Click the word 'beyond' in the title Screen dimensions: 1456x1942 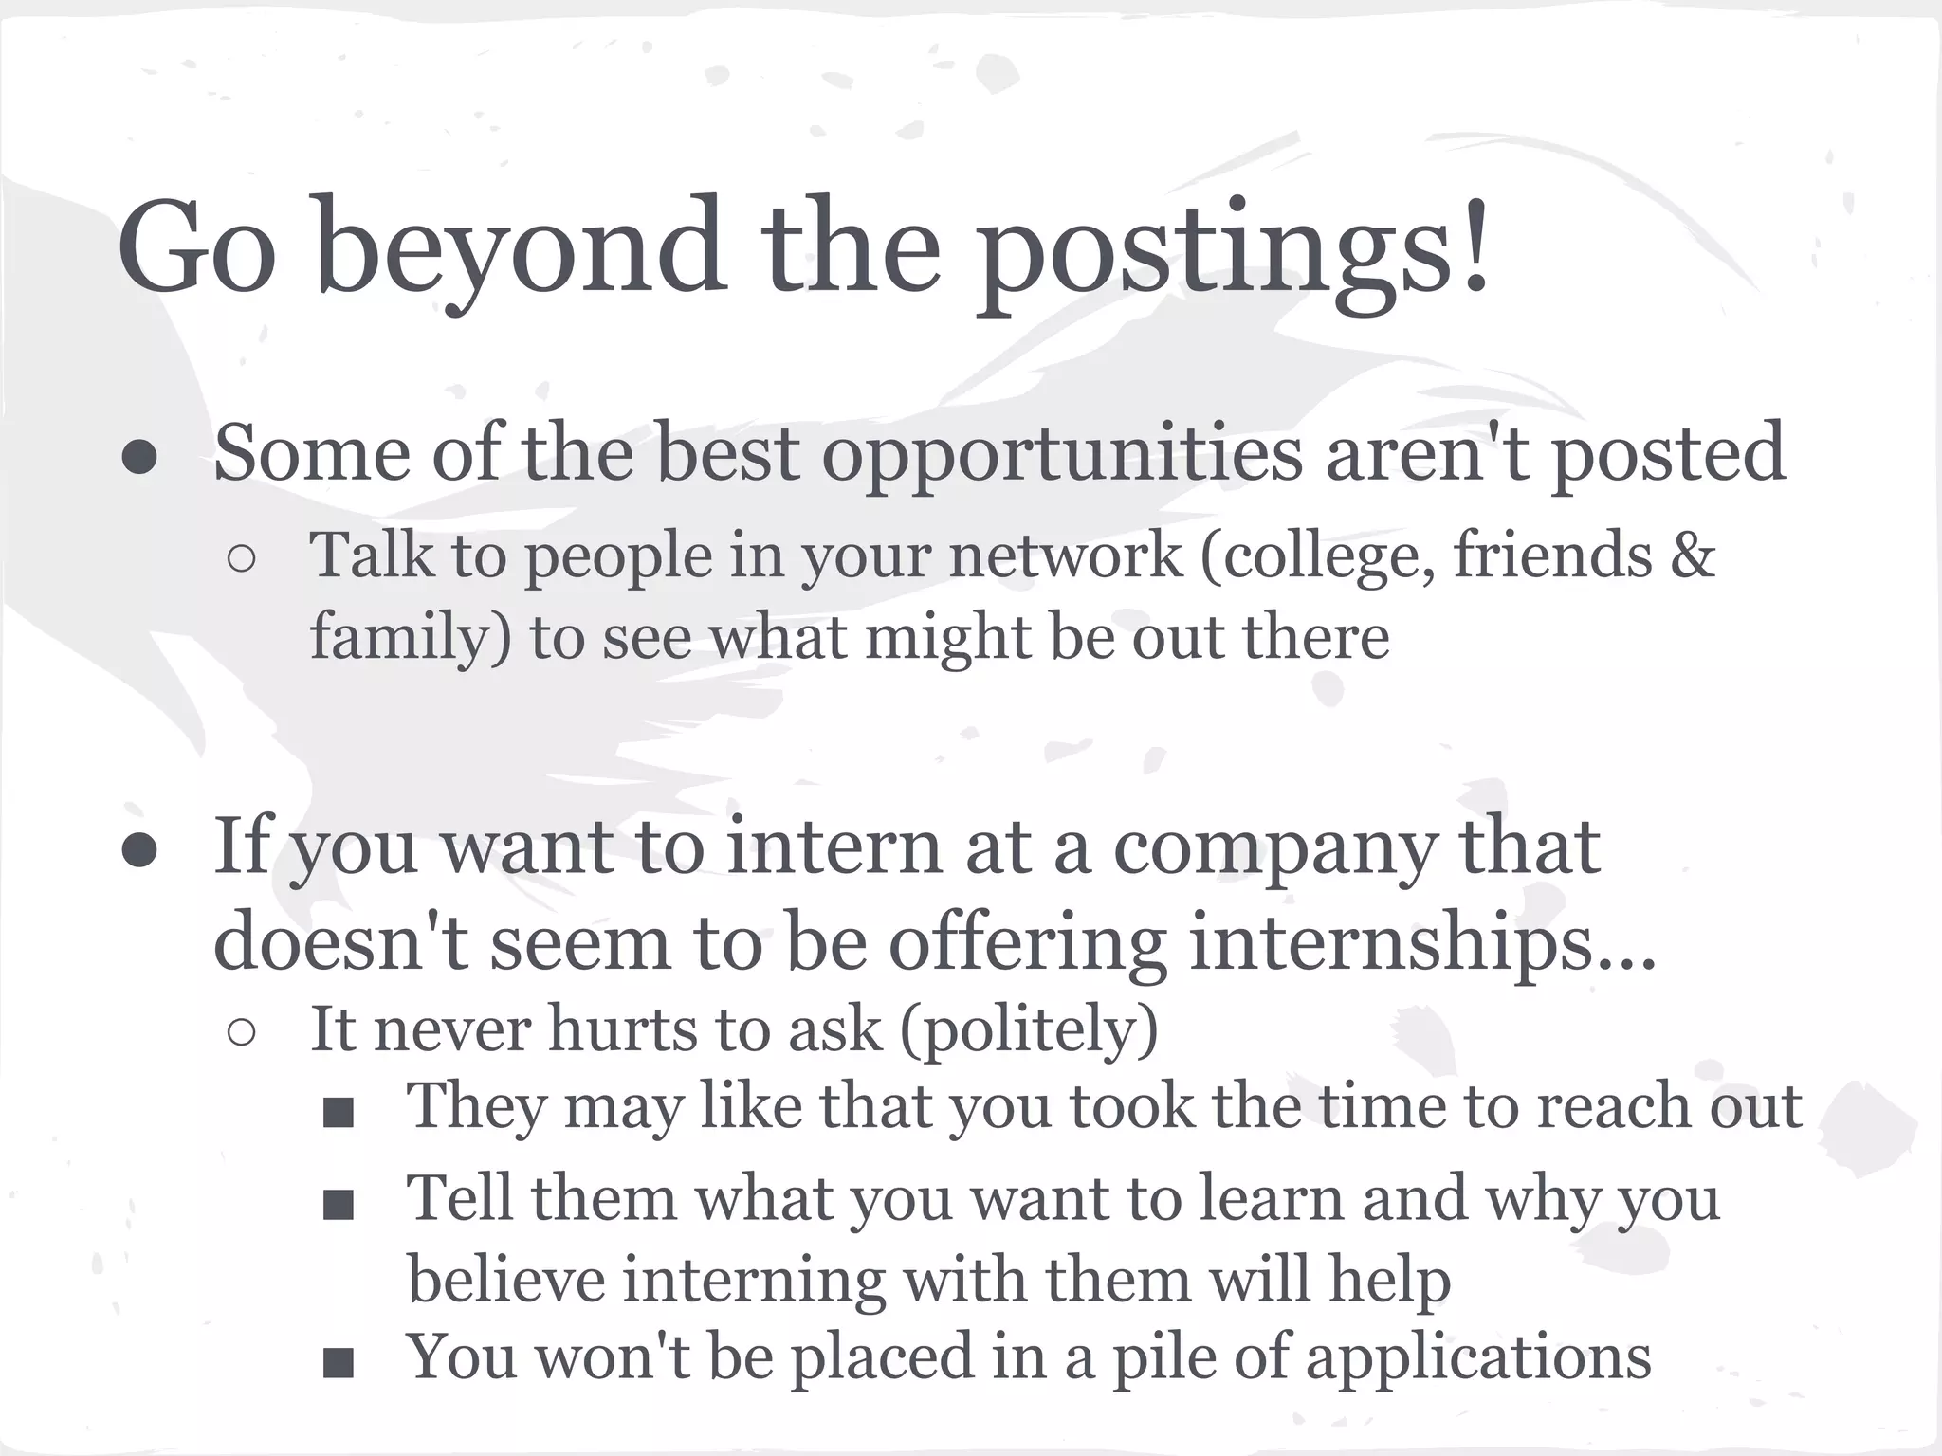point(521,248)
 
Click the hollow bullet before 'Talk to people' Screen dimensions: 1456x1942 point(241,559)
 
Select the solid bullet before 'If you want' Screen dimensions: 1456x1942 point(139,850)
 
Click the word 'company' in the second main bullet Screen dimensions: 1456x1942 point(1274,847)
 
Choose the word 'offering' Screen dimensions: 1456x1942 point(1027,944)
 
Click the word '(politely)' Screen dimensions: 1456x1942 point(1029,1029)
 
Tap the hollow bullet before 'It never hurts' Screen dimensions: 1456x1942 point(241,1033)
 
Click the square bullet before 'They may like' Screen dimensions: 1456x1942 point(338,1114)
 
